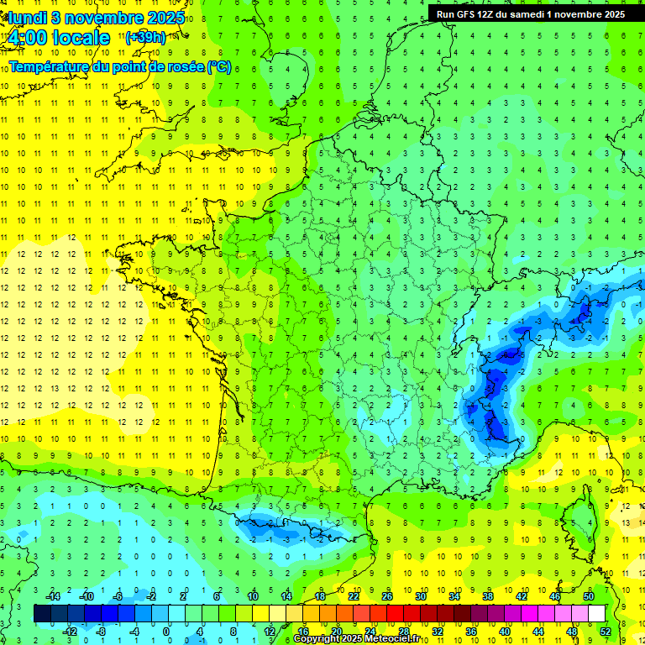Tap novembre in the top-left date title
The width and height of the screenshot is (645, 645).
pos(99,18)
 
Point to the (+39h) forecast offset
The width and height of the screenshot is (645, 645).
pos(145,38)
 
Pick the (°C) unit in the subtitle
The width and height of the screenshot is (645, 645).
pos(218,66)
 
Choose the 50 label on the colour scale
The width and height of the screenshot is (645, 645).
pos(589,596)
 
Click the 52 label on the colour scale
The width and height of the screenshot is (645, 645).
pos(606,631)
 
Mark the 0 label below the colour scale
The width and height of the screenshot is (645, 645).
pos(166,631)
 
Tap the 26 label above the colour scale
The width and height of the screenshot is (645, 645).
pos(387,596)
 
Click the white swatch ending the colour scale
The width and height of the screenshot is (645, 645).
pos(596,614)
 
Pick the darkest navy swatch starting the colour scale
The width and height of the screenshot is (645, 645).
pos(42,614)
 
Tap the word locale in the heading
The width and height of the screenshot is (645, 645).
pos(79,38)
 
